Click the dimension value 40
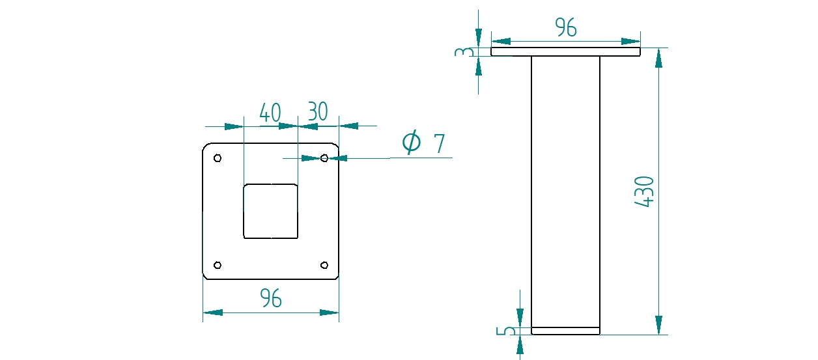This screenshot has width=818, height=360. tap(270, 113)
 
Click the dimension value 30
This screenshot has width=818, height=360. tap(317, 112)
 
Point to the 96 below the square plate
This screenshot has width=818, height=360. tap(271, 298)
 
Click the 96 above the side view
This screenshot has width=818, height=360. tap(566, 27)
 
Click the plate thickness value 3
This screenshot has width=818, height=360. tap(462, 51)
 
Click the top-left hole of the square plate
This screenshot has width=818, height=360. tap(218, 158)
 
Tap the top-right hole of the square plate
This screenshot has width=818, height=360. tap(324, 158)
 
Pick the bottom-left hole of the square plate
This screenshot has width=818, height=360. tap(218, 265)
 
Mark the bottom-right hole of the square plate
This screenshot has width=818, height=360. tap(324, 265)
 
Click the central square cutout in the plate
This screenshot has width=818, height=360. tap(270, 211)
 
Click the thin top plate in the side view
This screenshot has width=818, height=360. tap(565, 51)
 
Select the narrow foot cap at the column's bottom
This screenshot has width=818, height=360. tap(565, 331)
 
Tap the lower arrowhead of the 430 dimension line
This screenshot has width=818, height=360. tap(658, 325)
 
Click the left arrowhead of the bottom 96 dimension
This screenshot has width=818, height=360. tap(212, 312)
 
